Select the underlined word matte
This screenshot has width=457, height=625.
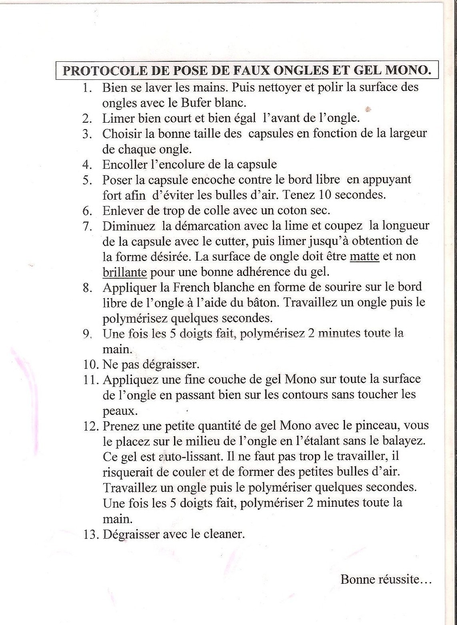[364, 256]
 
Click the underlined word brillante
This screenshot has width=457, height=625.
[125, 272]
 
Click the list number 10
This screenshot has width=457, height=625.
[90, 364]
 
